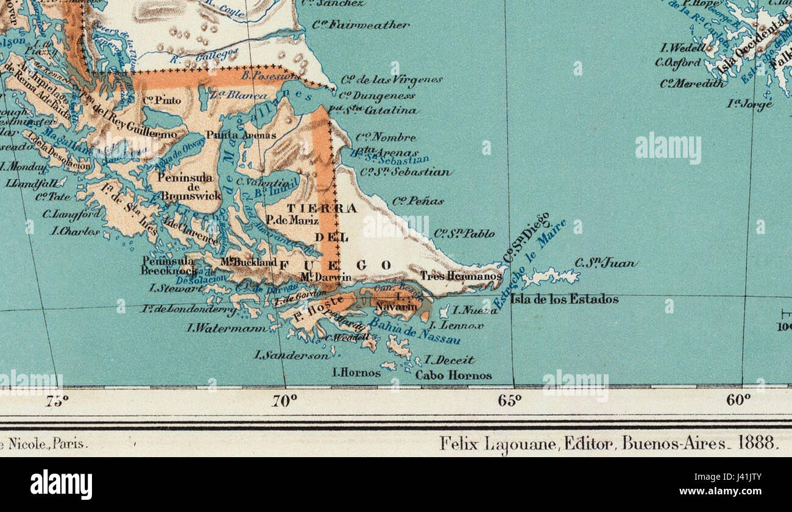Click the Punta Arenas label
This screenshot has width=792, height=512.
point(241,135)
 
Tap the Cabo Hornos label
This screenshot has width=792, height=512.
point(453,375)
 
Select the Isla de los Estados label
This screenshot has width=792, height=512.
point(564,299)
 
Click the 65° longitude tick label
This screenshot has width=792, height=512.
point(509,400)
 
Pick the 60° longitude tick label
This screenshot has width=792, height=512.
point(738,400)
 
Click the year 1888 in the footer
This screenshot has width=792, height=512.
point(757,443)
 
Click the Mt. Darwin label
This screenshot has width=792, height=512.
point(325,277)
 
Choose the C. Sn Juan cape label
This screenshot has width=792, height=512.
point(606,263)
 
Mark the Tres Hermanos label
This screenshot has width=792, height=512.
point(461,276)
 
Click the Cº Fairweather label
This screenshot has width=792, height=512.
point(361,25)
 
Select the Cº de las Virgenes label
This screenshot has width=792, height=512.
point(391,80)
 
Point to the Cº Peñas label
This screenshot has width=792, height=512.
point(418,201)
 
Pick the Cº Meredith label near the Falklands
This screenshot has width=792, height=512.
point(692,83)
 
